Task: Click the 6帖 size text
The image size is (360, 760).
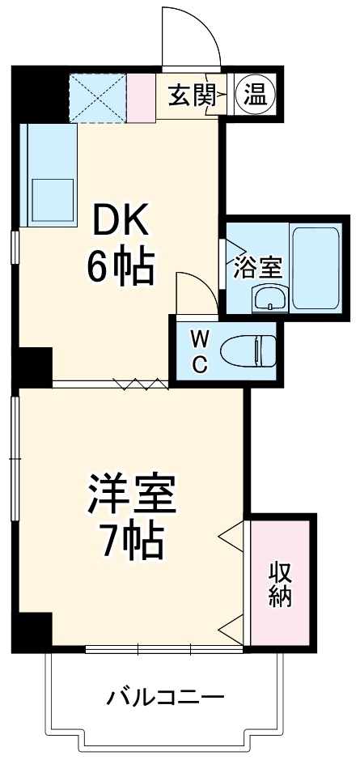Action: pyautogui.click(x=121, y=266)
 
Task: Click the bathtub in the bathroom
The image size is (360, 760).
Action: pyautogui.click(x=315, y=268)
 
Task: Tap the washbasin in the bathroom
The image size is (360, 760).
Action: pyautogui.click(x=270, y=299)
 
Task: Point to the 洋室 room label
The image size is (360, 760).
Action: pyautogui.click(x=132, y=495)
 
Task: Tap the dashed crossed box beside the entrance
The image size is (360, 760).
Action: pyautogui.click(x=98, y=97)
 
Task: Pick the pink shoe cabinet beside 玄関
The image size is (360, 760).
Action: pyautogui.click(x=141, y=97)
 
